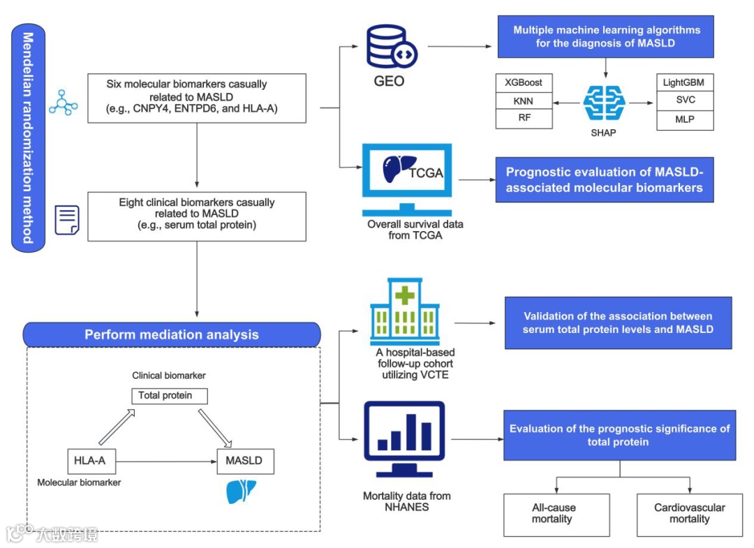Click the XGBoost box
point(524,82)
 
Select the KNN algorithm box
point(524,101)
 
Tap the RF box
point(524,119)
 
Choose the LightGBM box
point(683,82)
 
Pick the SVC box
point(683,101)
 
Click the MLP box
point(683,119)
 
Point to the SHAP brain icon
point(603,103)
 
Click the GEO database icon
point(392,47)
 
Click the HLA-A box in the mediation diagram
point(90,461)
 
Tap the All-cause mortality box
point(556,514)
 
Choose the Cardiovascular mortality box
point(689,514)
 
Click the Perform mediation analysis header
point(172,334)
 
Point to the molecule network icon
point(64,103)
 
